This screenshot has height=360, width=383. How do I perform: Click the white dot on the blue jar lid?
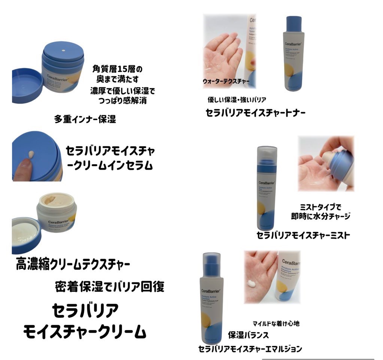click(x=63, y=50)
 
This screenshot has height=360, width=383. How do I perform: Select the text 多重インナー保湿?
click(x=85, y=120)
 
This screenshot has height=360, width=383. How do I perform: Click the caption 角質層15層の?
click(x=118, y=70)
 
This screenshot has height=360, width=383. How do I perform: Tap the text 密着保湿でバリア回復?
click(x=109, y=286)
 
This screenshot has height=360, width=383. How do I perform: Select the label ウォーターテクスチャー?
click(x=226, y=81)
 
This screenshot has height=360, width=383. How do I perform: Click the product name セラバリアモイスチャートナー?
click(x=256, y=113)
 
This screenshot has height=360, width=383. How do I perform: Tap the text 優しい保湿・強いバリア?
click(x=237, y=100)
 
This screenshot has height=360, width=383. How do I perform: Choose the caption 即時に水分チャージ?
click(x=320, y=216)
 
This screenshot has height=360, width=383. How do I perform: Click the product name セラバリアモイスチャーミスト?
click(x=303, y=235)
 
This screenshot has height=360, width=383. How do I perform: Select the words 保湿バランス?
click(x=248, y=335)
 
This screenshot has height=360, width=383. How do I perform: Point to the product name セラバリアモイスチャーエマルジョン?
click(x=250, y=349)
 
